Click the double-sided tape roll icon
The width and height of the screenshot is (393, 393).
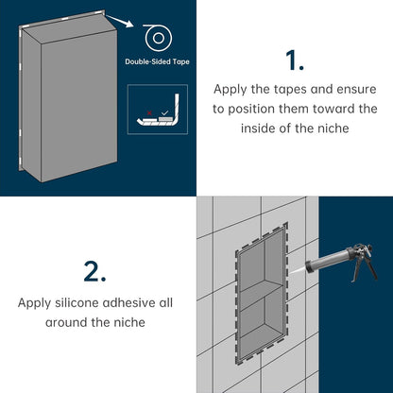[159, 38]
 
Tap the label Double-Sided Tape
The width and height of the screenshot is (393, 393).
[157, 61]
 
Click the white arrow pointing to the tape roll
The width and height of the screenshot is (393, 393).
[119, 21]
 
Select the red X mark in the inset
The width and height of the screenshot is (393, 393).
[149, 112]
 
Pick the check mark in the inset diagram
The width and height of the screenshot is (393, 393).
[164, 112]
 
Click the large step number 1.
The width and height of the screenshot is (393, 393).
[295, 60]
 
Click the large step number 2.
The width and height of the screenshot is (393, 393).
[94, 271]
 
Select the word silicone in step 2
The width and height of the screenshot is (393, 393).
[77, 303]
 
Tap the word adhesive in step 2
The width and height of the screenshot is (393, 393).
[130, 303]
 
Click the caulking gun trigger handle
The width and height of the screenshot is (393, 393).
[370, 267]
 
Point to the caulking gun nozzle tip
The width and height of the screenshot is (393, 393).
[307, 265]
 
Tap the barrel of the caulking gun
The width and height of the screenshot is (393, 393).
[329, 259]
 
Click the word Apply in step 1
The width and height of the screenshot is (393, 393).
[231, 90]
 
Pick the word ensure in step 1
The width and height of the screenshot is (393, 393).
[356, 90]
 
